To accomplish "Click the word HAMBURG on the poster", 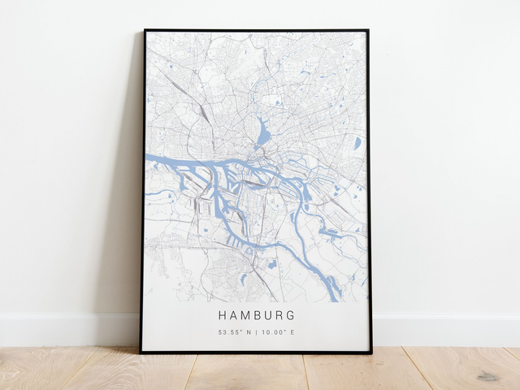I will (x=257, y=314).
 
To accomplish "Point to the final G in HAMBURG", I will (x=291, y=314).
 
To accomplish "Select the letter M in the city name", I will (x=245, y=314).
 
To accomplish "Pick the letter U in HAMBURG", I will (x=268, y=314).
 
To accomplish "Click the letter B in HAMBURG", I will (x=257, y=314).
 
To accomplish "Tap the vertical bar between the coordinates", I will (x=256, y=331).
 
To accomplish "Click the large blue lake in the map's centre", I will (x=263, y=130).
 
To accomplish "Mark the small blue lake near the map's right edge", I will (x=357, y=143).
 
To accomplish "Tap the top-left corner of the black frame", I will (x=145, y=31).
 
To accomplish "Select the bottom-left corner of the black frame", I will (x=141, y=352).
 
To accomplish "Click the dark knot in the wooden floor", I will (x=487, y=376).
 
